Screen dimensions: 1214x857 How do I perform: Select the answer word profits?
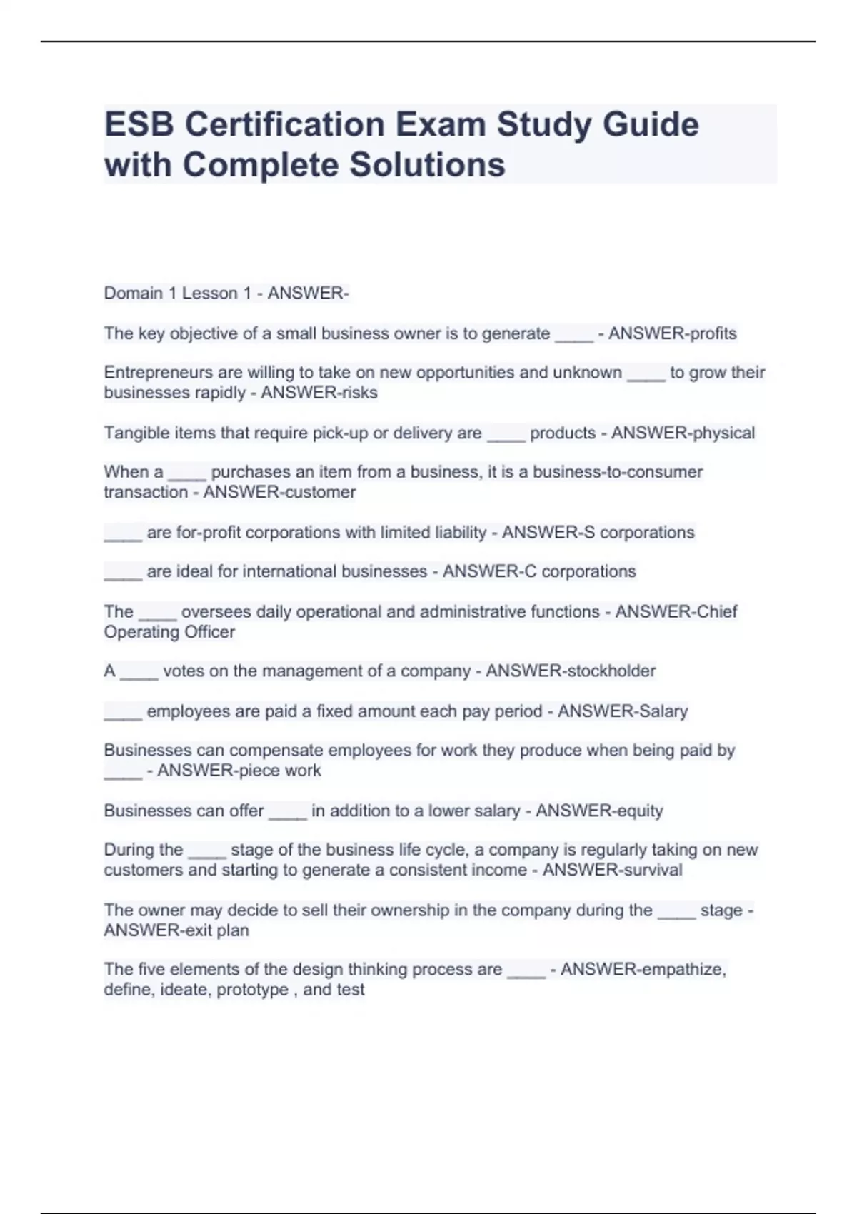click(x=710, y=333)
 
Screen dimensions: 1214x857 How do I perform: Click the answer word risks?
click(x=361, y=393)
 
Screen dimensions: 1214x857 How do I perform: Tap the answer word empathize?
click(x=683, y=970)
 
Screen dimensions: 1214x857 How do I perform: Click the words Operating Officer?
click(x=169, y=632)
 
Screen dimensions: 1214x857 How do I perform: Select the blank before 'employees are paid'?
click(x=123, y=713)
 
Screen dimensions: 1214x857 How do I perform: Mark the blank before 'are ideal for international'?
click(x=123, y=573)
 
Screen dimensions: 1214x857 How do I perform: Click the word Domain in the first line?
click(x=134, y=293)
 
